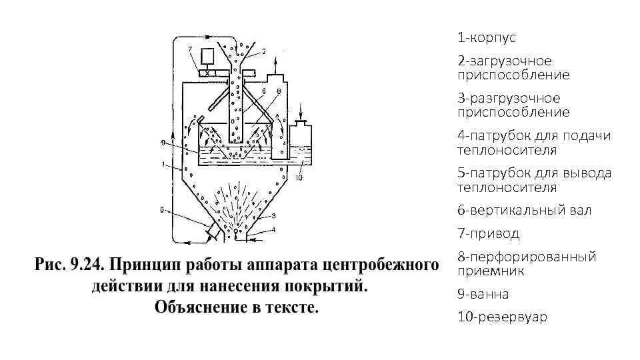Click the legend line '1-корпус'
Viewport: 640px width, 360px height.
point(486,37)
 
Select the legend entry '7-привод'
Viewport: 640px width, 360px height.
point(488,233)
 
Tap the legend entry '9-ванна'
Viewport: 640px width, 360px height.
point(483,294)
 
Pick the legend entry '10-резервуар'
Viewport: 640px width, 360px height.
point(501,317)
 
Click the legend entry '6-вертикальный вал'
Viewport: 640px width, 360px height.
point(524,210)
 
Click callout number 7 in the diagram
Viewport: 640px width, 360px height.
point(190,49)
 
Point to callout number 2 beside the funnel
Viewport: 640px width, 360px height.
point(263,51)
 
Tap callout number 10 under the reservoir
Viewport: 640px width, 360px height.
point(299,177)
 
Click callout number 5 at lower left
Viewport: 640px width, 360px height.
point(161,209)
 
